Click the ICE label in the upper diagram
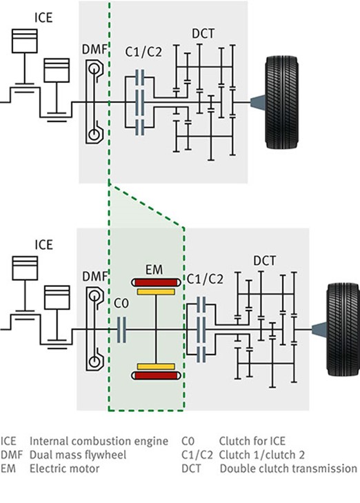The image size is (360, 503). tap(43, 18)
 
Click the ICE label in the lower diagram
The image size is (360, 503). tap(43, 245)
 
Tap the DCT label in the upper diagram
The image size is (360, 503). tap(203, 34)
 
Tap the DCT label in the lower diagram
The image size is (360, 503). tap(264, 261)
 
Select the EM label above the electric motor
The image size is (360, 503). tap(154, 270)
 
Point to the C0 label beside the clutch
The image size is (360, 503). tap(121, 303)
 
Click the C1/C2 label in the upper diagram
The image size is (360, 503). tap(143, 52)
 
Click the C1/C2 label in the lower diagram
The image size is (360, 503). tap(205, 279)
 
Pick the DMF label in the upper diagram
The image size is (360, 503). tap(94, 50)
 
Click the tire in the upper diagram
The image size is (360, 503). tap(282, 103)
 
